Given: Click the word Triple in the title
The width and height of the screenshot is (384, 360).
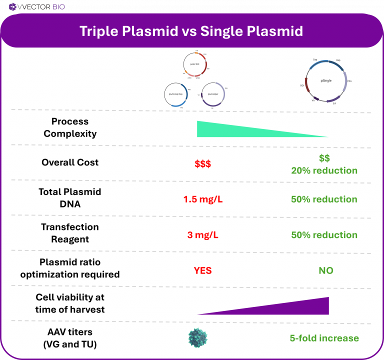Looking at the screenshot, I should click(99, 31).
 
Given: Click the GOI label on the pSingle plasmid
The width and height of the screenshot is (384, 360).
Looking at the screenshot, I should click(302, 85).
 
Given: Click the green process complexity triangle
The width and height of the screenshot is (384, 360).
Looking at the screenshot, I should click(220, 130).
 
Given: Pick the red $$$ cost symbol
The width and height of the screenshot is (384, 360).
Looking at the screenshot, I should click(202, 163).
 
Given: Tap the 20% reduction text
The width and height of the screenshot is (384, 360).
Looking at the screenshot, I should click(324, 170).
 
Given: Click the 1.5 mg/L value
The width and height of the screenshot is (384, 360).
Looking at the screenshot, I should click(202, 199).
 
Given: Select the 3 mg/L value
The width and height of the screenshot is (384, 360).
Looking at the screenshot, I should click(202, 235).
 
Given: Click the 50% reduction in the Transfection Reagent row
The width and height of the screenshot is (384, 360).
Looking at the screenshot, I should click(324, 235).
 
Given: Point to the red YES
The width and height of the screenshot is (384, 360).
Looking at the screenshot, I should click(202, 270).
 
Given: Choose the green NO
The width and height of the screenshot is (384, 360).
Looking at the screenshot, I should click(326, 270).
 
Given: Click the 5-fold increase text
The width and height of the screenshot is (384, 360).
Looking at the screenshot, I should click(324, 338).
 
